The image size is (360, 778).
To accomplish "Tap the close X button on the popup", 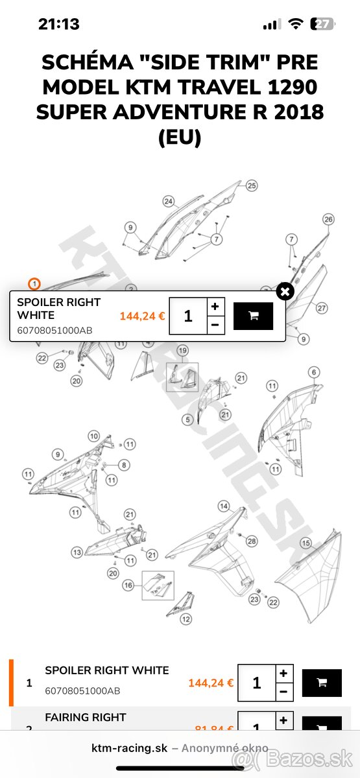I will click(285, 291).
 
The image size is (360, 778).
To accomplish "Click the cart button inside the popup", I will click(253, 316).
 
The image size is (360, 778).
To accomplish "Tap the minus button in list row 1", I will click(283, 692).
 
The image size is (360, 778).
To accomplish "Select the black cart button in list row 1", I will click(322, 683).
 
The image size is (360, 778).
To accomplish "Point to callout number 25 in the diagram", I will click(251, 185).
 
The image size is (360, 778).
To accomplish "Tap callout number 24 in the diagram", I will click(169, 201).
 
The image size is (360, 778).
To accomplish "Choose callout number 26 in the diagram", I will click(328, 219).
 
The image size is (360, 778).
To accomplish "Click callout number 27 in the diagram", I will click(322, 308).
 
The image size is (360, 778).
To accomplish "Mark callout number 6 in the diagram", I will click(314, 372).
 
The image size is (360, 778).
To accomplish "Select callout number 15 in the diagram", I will click(306, 543).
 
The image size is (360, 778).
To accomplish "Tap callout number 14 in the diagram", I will click(223, 506).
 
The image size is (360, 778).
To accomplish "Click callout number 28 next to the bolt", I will click(252, 541).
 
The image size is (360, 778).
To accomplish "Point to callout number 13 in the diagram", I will click(77, 552).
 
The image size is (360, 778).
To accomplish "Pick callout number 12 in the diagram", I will click(186, 619).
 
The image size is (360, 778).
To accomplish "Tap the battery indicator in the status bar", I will click(322, 24).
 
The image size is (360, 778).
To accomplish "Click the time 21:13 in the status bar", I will click(59, 25).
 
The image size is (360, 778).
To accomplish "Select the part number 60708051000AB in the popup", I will click(54, 331).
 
